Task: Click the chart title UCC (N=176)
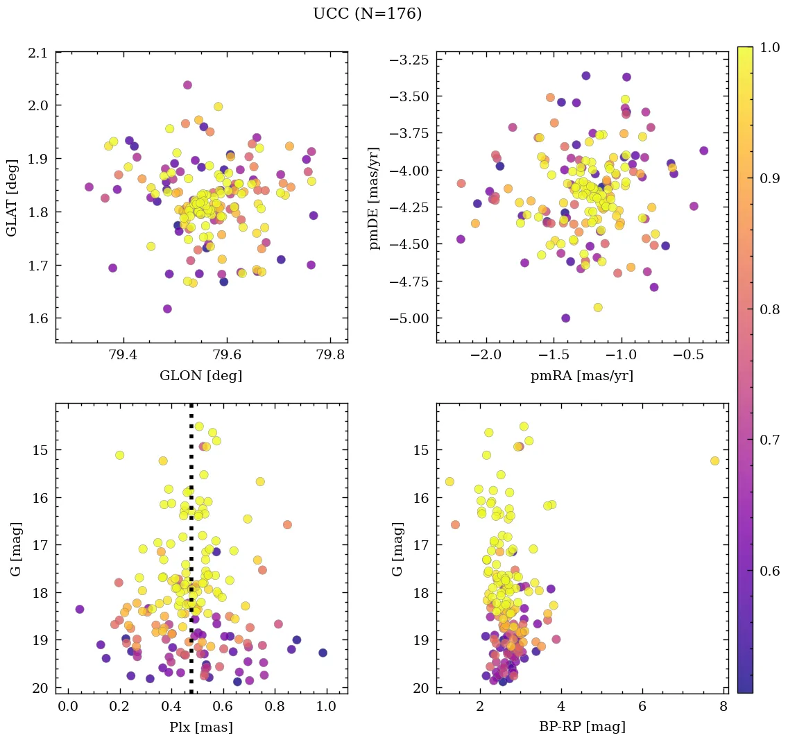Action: click(367, 14)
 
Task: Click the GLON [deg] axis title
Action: click(201, 376)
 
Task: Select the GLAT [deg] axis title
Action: click(12, 197)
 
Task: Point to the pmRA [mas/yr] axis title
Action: click(582, 376)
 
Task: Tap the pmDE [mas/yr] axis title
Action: click(375, 198)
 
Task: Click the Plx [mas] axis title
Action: click(201, 728)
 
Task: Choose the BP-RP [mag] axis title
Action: click(582, 728)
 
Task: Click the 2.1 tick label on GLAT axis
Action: click(37, 53)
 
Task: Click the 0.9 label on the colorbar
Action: click(769, 178)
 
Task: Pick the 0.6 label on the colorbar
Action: click(769, 571)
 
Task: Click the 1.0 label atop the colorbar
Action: click(769, 48)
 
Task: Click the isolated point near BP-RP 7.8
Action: click(714, 461)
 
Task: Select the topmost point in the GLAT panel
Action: click(187, 85)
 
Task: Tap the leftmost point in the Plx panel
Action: click(80, 609)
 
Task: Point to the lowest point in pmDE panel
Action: click(565, 318)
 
